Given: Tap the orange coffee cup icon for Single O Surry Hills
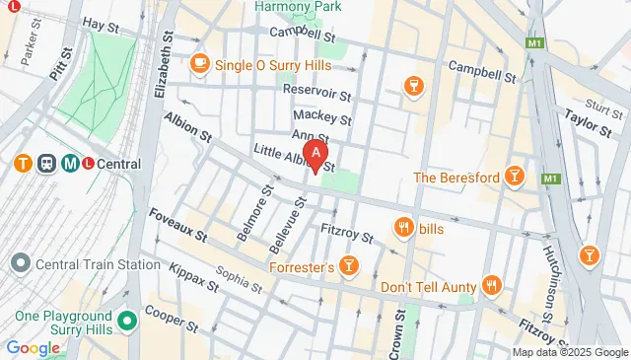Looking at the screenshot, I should pos(200,63).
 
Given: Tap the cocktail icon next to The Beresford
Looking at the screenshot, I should pos(513,177).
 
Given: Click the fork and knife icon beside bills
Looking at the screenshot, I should pos(403,229).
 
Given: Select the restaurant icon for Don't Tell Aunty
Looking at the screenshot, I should pos(493,286).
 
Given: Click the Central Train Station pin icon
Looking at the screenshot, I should pos(20,264).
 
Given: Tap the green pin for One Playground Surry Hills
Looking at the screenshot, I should pos(127,322).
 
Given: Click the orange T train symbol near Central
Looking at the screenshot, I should pos(20,164).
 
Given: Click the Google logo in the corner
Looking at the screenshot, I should pos(33,348).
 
